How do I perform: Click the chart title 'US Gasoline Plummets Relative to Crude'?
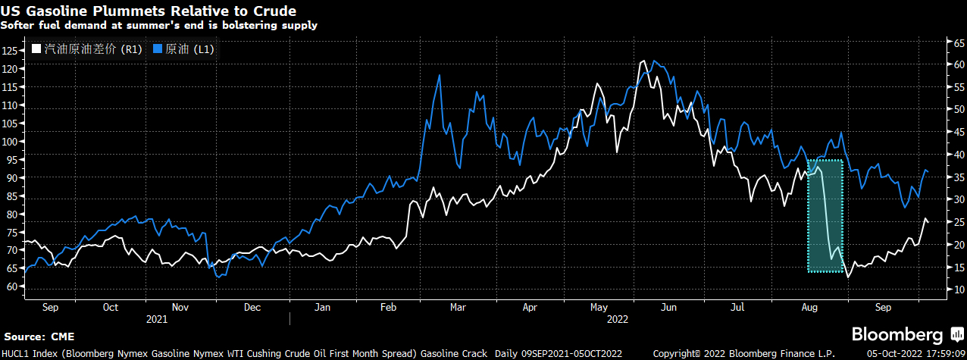[x=149, y=11]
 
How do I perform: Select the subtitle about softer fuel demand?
[x=159, y=25]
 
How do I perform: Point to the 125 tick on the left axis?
[x=9, y=51]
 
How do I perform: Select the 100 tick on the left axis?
[x=9, y=142]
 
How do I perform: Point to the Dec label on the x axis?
[x=252, y=308]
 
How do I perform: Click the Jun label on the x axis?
[x=669, y=308]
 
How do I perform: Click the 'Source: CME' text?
[x=39, y=337]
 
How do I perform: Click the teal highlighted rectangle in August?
[x=825, y=216]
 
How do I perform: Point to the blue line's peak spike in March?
[x=439, y=75]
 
